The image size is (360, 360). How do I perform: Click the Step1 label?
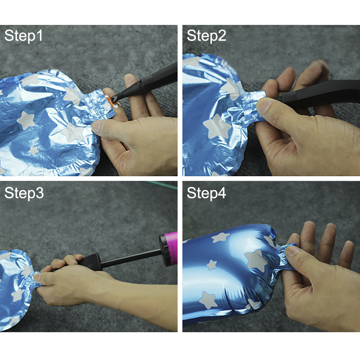tap(23, 36)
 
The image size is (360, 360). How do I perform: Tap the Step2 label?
tap(206, 36)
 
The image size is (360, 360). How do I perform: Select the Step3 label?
tap(24, 193)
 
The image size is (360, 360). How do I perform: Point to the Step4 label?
tap(206, 193)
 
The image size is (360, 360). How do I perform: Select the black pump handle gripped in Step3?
tap(89, 262)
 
